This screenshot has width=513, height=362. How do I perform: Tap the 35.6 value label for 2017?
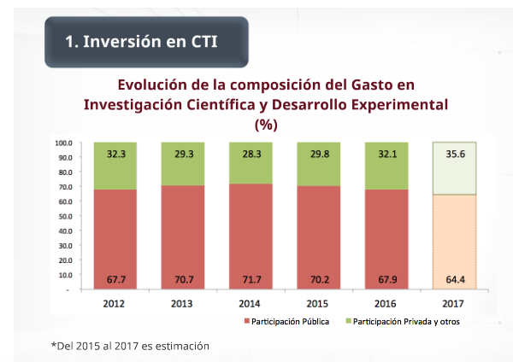pos(454,155)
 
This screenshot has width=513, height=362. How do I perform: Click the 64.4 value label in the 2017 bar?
pos(454,277)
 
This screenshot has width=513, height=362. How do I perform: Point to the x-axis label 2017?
pos(454,301)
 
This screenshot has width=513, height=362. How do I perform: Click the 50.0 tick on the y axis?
pos(64,216)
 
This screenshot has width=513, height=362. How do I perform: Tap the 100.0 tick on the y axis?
pos(62,143)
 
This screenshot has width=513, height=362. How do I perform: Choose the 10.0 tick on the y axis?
pos(64,275)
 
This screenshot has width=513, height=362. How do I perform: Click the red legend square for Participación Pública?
pos(248,322)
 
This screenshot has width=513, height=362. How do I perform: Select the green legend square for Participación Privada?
pos(348,322)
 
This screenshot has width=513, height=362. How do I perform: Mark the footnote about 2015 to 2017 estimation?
pos(130,345)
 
